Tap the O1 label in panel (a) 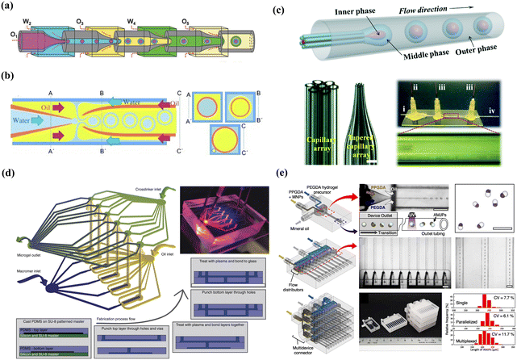coord(11,36)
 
